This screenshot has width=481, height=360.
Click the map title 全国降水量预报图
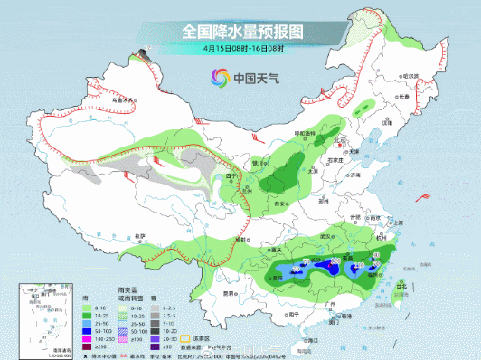coord(241,30)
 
